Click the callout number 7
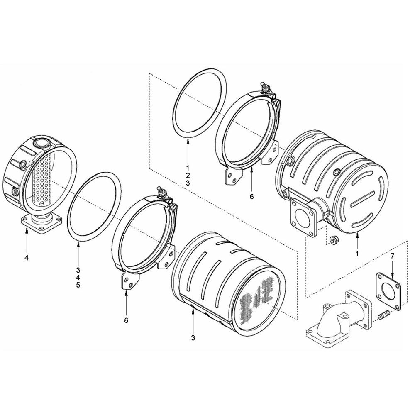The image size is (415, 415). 392,256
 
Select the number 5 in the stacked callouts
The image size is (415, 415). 78,285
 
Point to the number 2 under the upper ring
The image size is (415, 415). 188,175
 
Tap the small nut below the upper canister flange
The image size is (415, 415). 332,240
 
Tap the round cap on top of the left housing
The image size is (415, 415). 41,143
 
